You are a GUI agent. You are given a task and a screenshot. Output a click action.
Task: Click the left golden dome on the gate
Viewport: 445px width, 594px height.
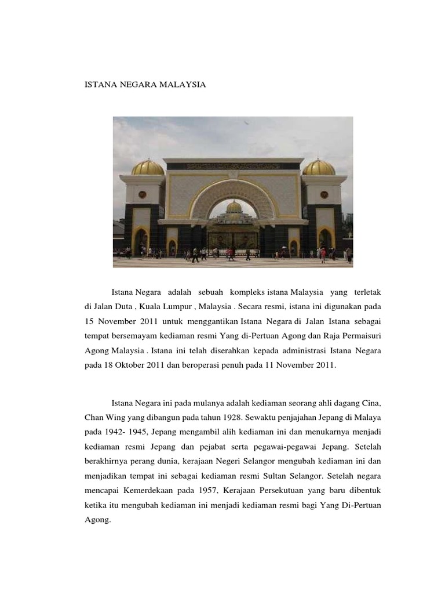point(148,168)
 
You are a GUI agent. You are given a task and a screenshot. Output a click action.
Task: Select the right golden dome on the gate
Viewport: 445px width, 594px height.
point(319,168)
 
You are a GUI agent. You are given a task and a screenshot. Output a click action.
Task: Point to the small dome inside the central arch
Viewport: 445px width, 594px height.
point(234,207)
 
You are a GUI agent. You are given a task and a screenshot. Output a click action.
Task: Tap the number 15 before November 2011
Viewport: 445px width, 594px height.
point(90,321)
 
